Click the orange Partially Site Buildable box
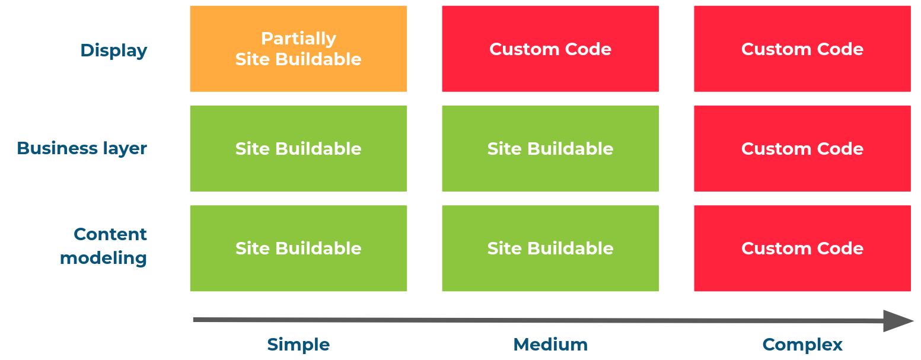pyautogui.click(x=298, y=49)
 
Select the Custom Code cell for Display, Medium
pyautogui.click(x=550, y=49)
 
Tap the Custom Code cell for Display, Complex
pyautogui.click(x=802, y=49)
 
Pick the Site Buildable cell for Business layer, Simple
pyautogui.click(x=298, y=148)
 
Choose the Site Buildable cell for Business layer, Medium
pyautogui.click(x=550, y=148)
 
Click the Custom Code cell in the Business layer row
pyautogui.click(x=802, y=148)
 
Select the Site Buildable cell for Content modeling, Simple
pyautogui.click(x=298, y=248)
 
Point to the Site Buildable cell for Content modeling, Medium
pyautogui.click(x=550, y=248)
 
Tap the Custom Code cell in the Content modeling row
pyautogui.click(x=802, y=248)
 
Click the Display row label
pyautogui.click(x=114, y=50)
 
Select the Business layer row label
pyautogui.click(x=82, y=148)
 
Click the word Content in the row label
pyautogui.click(x=110, y=234)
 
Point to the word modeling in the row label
pyautogui.click(x=104, y=258)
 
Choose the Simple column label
pyautogui.click(x=298, y=345)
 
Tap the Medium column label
pyautogui.click(x=550, y=345)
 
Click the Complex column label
pyautogui.click(x=802, y=345)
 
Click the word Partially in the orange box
pyautogui.click(x=298, y=39)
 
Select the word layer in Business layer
pyautogui.click(x=124, y=148)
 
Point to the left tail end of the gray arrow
pyautogui.click(x=196, y=320)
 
